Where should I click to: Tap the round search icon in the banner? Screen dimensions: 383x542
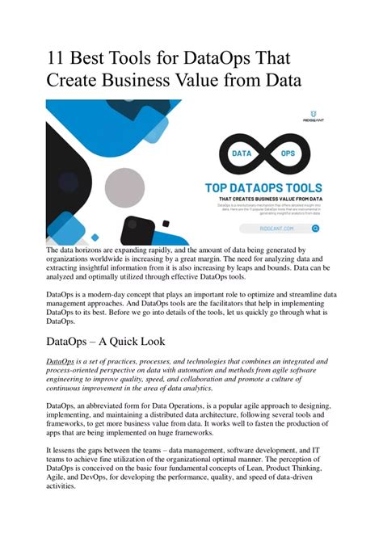[316, 229]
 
